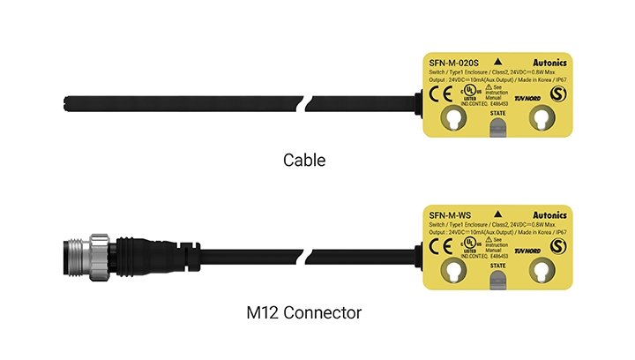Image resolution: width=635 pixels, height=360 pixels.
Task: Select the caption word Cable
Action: (x=304, y=161)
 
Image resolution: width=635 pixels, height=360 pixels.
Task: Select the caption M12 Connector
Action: (x=304, y=312)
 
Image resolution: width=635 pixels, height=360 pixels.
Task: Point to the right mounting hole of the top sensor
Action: (x=542, y=119)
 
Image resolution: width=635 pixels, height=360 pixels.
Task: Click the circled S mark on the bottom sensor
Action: (x=557, y=244)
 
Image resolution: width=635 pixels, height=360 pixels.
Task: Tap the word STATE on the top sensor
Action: (x=498, y=114)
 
